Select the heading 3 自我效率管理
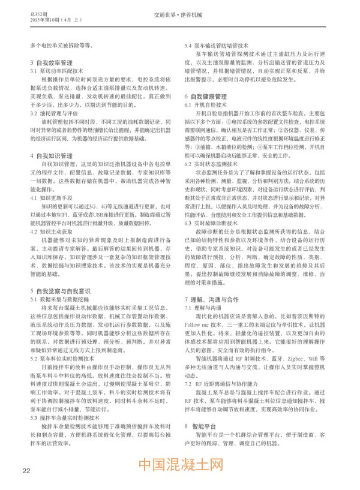[52, 62]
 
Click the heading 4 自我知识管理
[52, 155]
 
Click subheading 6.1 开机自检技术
[206, 104]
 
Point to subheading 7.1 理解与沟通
[204, 307]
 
